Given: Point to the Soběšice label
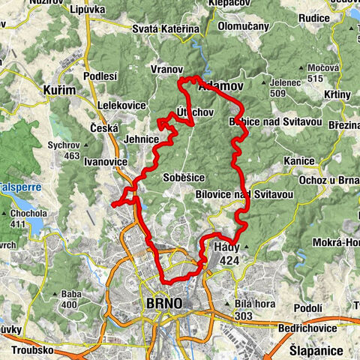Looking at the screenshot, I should pos(182,178).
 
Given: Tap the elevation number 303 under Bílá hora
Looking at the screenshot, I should pos(243,316).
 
